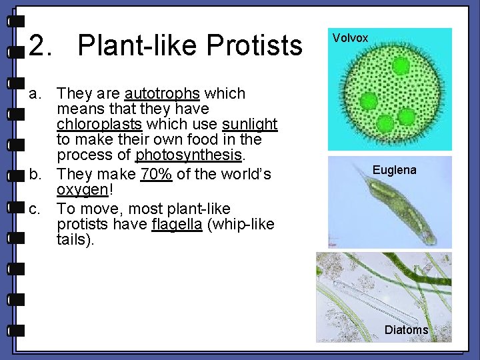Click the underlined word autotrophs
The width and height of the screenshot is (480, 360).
(x=161, y=94)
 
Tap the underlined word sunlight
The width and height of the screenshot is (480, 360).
(x=249, y=125)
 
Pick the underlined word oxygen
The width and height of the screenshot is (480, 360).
(x=82, y=191)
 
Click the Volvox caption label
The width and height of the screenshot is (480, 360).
(x=350, y=38)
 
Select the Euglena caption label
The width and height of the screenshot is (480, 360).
(x=394, y=170)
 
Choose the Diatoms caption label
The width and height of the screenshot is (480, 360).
(x=406, y=330)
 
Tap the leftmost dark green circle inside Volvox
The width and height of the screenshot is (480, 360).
(x=369, y=101)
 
